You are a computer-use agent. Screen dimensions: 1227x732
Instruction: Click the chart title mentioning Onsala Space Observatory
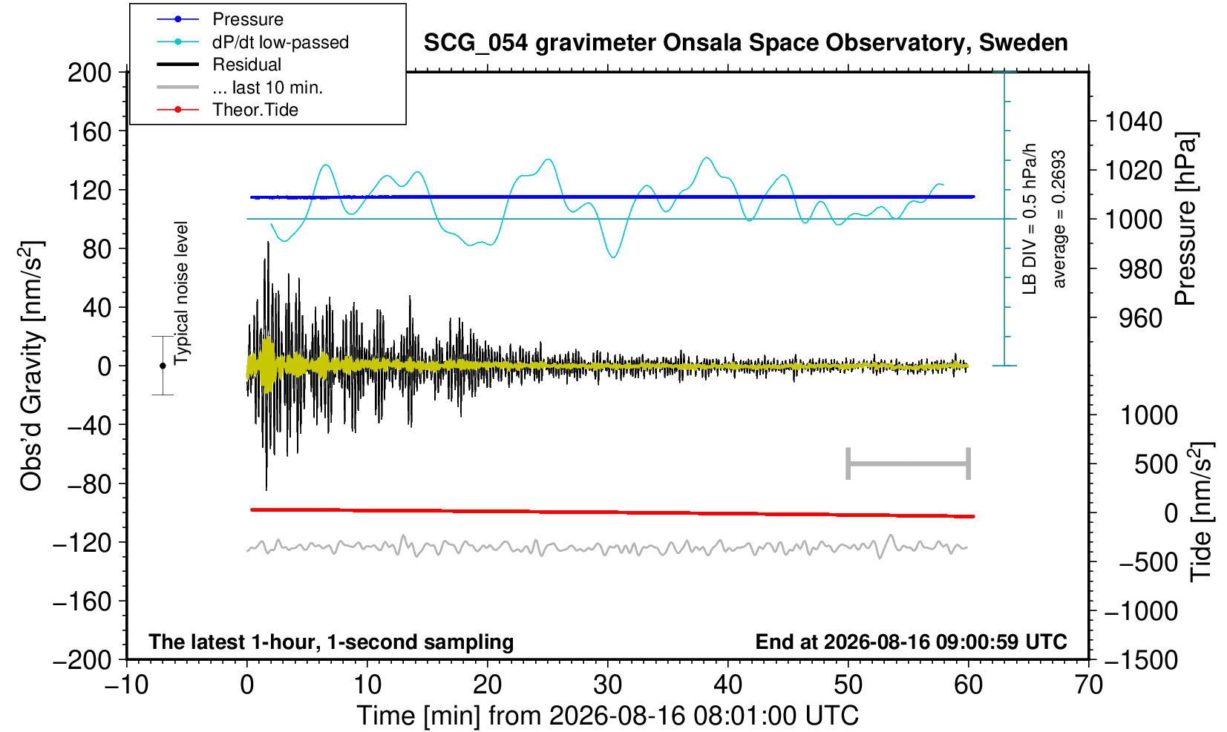[745, 43]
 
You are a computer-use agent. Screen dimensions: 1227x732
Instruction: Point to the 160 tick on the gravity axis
[90, 132]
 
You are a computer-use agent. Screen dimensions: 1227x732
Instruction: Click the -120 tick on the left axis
[82, 543]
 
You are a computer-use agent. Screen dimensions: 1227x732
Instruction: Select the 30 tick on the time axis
[607, 685]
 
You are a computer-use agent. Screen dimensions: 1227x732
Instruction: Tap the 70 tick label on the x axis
[1088, 685]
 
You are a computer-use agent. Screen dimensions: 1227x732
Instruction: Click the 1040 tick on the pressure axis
[1133, 122]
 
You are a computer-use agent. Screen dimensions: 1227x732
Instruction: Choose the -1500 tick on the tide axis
[1141, 660]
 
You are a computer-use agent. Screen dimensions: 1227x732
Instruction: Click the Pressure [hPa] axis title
[1186, 219]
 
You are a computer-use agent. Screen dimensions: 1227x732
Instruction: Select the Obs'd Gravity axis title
[31, 366]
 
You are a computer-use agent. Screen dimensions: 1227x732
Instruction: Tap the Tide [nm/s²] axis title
[1201, 512]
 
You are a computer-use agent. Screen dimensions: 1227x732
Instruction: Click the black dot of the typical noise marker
[163, 366]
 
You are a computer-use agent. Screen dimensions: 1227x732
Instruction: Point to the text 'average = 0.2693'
[1059, 219]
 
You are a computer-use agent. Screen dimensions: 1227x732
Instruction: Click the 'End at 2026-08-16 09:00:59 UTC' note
[911, 642]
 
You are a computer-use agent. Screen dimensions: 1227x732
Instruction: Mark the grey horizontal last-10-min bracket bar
[909, 464]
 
